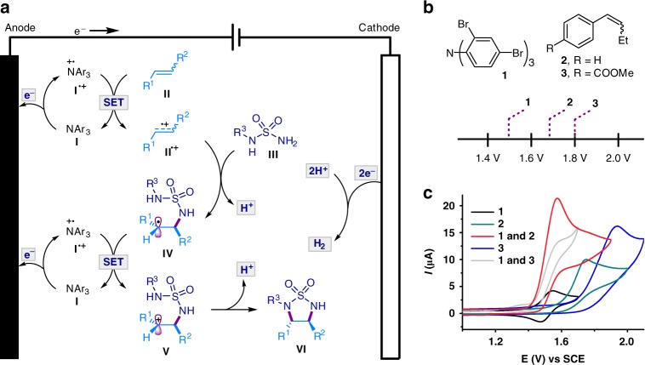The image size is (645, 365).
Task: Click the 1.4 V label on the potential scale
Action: click(x=487, y=157)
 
